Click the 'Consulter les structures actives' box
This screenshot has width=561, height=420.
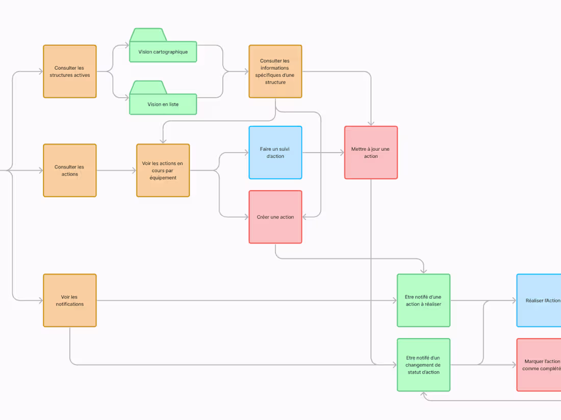coord(70,71)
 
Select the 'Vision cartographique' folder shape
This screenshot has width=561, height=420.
coord(163,51)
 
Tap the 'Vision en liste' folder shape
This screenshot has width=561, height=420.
coord(163,104)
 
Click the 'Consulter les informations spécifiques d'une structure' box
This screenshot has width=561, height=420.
coord(275,71)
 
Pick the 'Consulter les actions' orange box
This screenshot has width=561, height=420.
coord(70,171)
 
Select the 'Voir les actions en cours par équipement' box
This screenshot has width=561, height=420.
coord(163,171)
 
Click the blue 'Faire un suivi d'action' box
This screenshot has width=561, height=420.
coord(275,153)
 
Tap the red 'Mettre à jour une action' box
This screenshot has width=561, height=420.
coord(371,153)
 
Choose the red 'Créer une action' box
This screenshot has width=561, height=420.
coord(275,217)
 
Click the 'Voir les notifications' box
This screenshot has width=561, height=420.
coord(70,300)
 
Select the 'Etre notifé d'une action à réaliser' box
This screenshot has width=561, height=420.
coord(423,300)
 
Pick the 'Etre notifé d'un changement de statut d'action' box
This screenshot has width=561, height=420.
coord(423,365)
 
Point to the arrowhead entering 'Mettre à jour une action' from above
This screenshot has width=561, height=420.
coord(371,123)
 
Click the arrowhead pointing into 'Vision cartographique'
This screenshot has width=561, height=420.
coord(126,45)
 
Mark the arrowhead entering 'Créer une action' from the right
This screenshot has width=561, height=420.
coord(305,217)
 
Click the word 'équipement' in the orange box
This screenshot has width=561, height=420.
coord(163,178)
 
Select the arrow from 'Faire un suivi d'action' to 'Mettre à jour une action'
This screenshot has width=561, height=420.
coord(322,153)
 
